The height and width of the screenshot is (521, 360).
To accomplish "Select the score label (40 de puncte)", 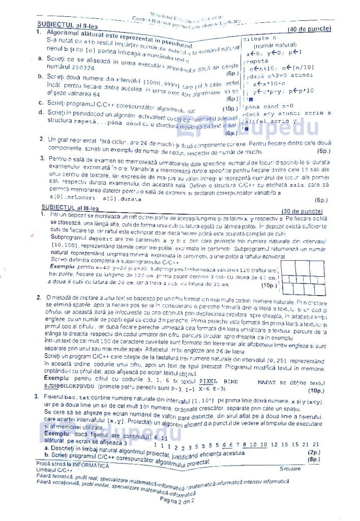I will coord(309,29).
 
